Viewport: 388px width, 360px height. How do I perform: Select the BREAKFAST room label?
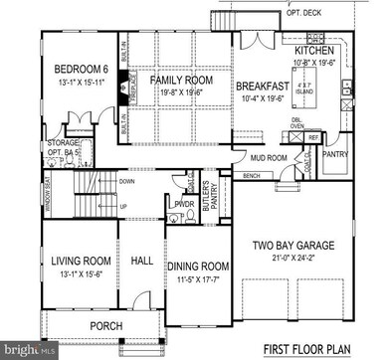(262, 88)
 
